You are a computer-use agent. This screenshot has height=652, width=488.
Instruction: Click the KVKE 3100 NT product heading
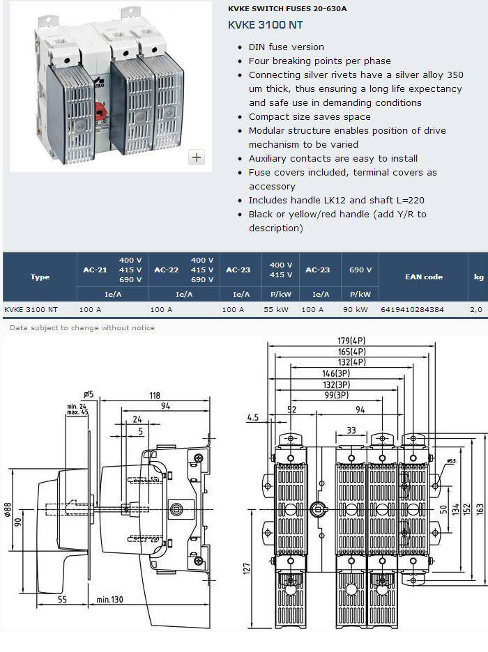point(265,25)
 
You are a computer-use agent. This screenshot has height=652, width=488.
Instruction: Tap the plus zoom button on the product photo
point(197,157)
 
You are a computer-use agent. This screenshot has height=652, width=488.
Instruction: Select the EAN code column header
point(424,277)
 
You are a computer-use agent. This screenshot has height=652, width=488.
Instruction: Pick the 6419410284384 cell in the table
point(412,309)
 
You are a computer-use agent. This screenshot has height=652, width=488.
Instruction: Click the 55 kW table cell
point(276,309)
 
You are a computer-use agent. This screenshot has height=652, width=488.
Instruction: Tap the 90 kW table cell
point(356,309)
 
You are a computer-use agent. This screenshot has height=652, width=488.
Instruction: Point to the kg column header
point(479,277)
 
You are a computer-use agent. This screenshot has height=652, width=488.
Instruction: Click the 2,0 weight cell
point(476,309)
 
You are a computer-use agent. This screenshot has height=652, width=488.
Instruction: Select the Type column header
point(40,277)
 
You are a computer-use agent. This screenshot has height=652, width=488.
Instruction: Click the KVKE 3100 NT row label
point(31,309)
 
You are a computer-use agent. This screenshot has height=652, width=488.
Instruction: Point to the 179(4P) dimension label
point(351,341)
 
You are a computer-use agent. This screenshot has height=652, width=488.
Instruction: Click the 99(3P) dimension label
point(337,395)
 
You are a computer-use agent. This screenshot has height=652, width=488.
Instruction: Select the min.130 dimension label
point(110,600)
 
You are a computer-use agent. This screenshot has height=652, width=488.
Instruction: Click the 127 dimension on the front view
point(247,569)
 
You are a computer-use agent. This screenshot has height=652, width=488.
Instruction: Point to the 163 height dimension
point(480,509)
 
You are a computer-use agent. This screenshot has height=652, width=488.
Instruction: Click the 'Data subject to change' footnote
point(82,327)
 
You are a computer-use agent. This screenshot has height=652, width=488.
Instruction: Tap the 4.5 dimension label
point(253,417)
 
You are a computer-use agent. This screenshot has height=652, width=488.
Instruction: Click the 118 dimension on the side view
point(155,396)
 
